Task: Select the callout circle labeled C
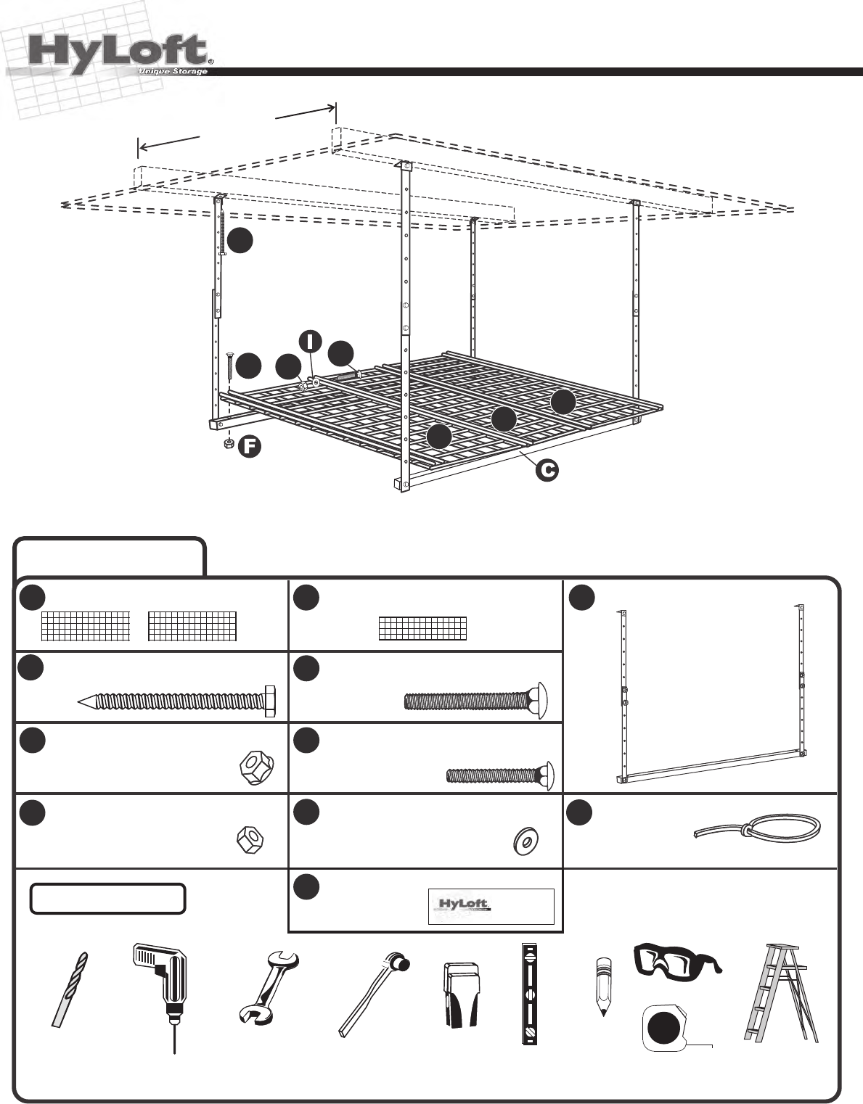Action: pos(547,470)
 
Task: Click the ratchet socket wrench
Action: pos(373,993)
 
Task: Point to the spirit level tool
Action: pos(529,993)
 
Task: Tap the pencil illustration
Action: pos(602,985)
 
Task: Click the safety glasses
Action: pos(676,958)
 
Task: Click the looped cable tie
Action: pos(758,826)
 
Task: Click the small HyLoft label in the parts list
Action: pos(491,906)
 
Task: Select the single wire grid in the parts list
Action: pos(422,628)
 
